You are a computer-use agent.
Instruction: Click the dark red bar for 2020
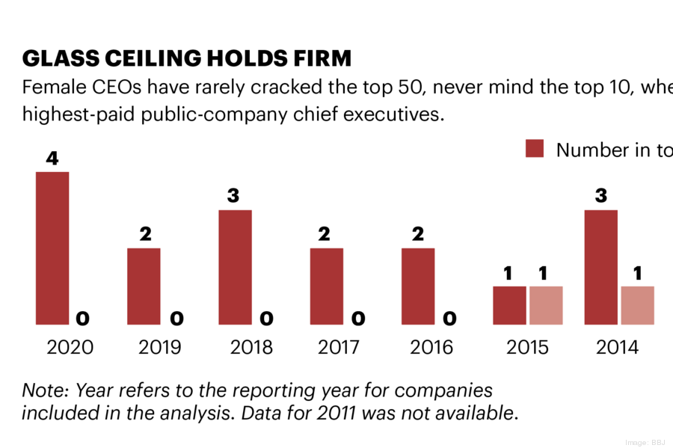52,248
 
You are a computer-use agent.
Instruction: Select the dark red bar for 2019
144,286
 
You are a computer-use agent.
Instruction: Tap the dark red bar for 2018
235,267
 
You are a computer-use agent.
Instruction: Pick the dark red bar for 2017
327,286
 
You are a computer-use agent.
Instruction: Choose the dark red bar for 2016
418,286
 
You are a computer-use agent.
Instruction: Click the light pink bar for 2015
546,305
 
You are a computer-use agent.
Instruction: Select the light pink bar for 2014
637,305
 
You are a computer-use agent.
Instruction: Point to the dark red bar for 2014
600,267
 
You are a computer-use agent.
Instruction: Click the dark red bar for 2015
509,305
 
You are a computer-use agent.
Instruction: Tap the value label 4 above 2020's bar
52,158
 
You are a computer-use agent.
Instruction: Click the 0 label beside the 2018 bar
266,319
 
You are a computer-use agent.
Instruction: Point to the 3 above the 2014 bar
600,196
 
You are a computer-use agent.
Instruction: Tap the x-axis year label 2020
70,348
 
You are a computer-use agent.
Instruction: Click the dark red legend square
535,149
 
